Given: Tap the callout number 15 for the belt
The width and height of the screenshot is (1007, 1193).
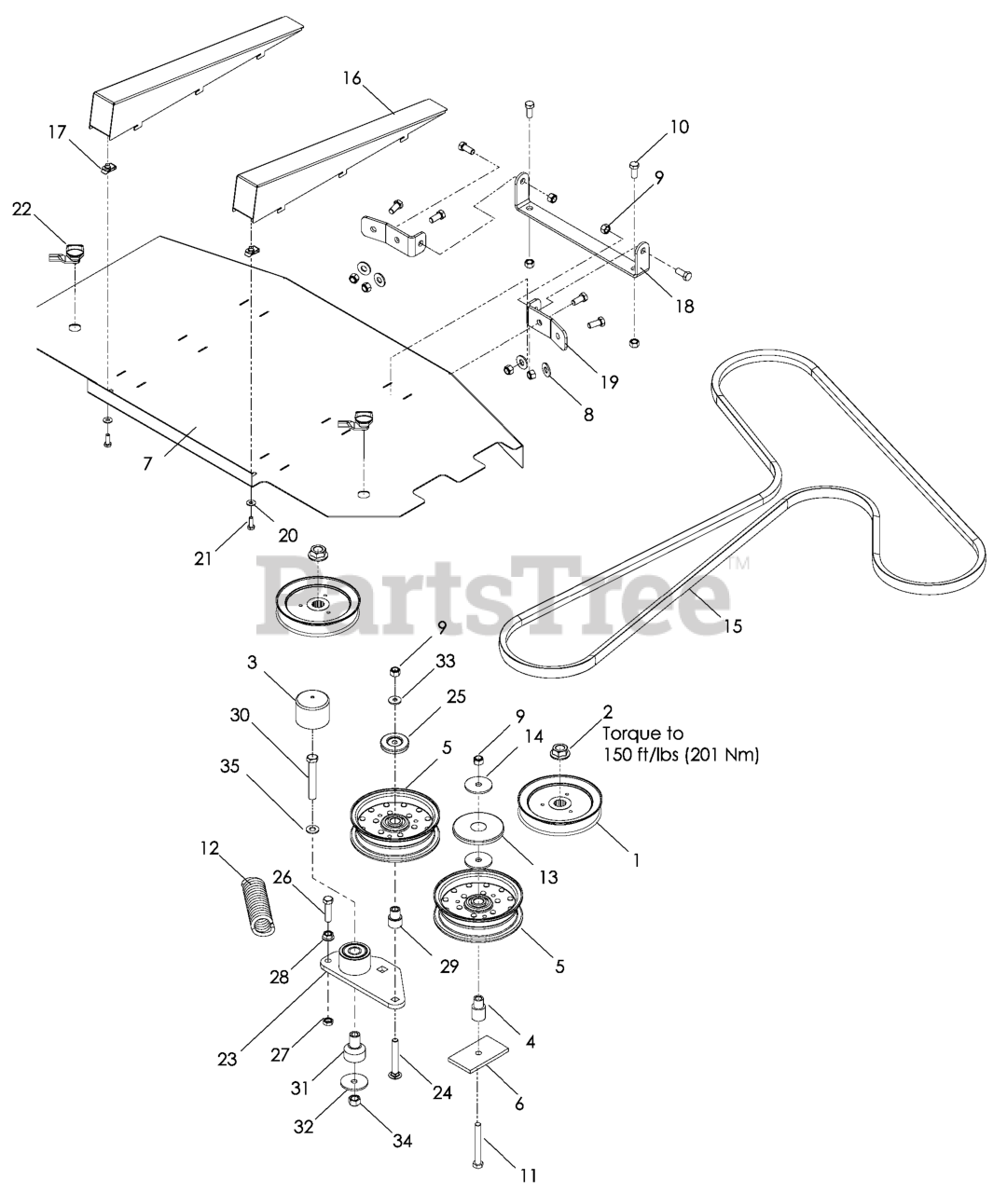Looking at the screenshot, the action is pyautogui.click(x=733, y=625).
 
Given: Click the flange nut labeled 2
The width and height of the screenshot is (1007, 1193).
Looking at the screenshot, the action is pyautogui.click(x=563, y=748).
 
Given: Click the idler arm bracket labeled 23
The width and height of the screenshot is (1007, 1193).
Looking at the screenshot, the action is pyautogui.click(x=364, y=974).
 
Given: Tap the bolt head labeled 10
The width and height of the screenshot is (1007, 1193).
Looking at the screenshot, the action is pyautogui.click(x=635, y=168).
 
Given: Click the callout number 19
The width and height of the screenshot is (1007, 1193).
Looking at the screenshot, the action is pyautogui.click(x=610, y=380).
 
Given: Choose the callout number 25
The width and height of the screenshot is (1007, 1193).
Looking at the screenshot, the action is pyautogui.click(x=456, y=697).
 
